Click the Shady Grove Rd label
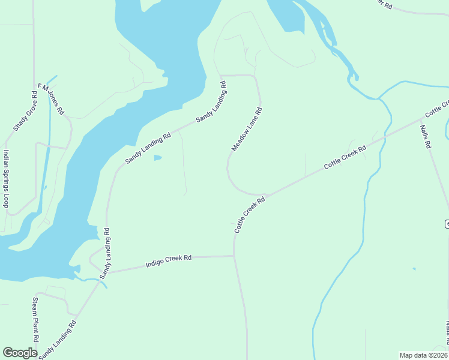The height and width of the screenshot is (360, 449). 25,112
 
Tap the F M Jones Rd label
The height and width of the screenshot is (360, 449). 51,99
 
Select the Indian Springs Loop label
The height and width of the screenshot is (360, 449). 6,179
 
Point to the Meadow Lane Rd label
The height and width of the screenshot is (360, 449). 247,129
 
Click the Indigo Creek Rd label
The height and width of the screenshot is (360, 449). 169,262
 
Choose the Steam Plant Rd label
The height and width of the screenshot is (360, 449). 35,319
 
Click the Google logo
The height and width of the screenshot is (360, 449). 20,353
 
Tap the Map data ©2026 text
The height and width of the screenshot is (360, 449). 423,355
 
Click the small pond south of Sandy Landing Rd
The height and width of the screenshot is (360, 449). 157,158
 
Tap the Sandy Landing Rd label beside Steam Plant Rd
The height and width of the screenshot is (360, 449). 58,340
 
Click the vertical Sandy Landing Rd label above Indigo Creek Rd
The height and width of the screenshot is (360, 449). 106,253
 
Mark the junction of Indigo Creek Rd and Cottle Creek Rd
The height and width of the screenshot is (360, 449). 234,256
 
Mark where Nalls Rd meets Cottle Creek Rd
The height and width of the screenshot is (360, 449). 422,118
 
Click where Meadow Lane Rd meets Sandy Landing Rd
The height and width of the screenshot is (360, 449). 221,76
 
